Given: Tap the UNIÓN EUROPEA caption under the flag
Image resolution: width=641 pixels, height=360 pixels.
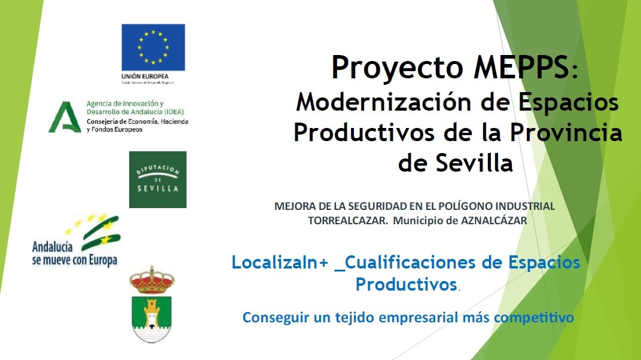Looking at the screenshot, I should [x=145, y=77].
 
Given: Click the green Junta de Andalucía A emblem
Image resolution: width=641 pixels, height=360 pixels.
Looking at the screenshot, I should [x=65, y=117].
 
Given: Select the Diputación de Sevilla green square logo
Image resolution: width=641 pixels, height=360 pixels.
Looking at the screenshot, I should [x=158, y=179].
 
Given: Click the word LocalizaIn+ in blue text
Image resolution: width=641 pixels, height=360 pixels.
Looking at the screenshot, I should [x=280, y=263].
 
